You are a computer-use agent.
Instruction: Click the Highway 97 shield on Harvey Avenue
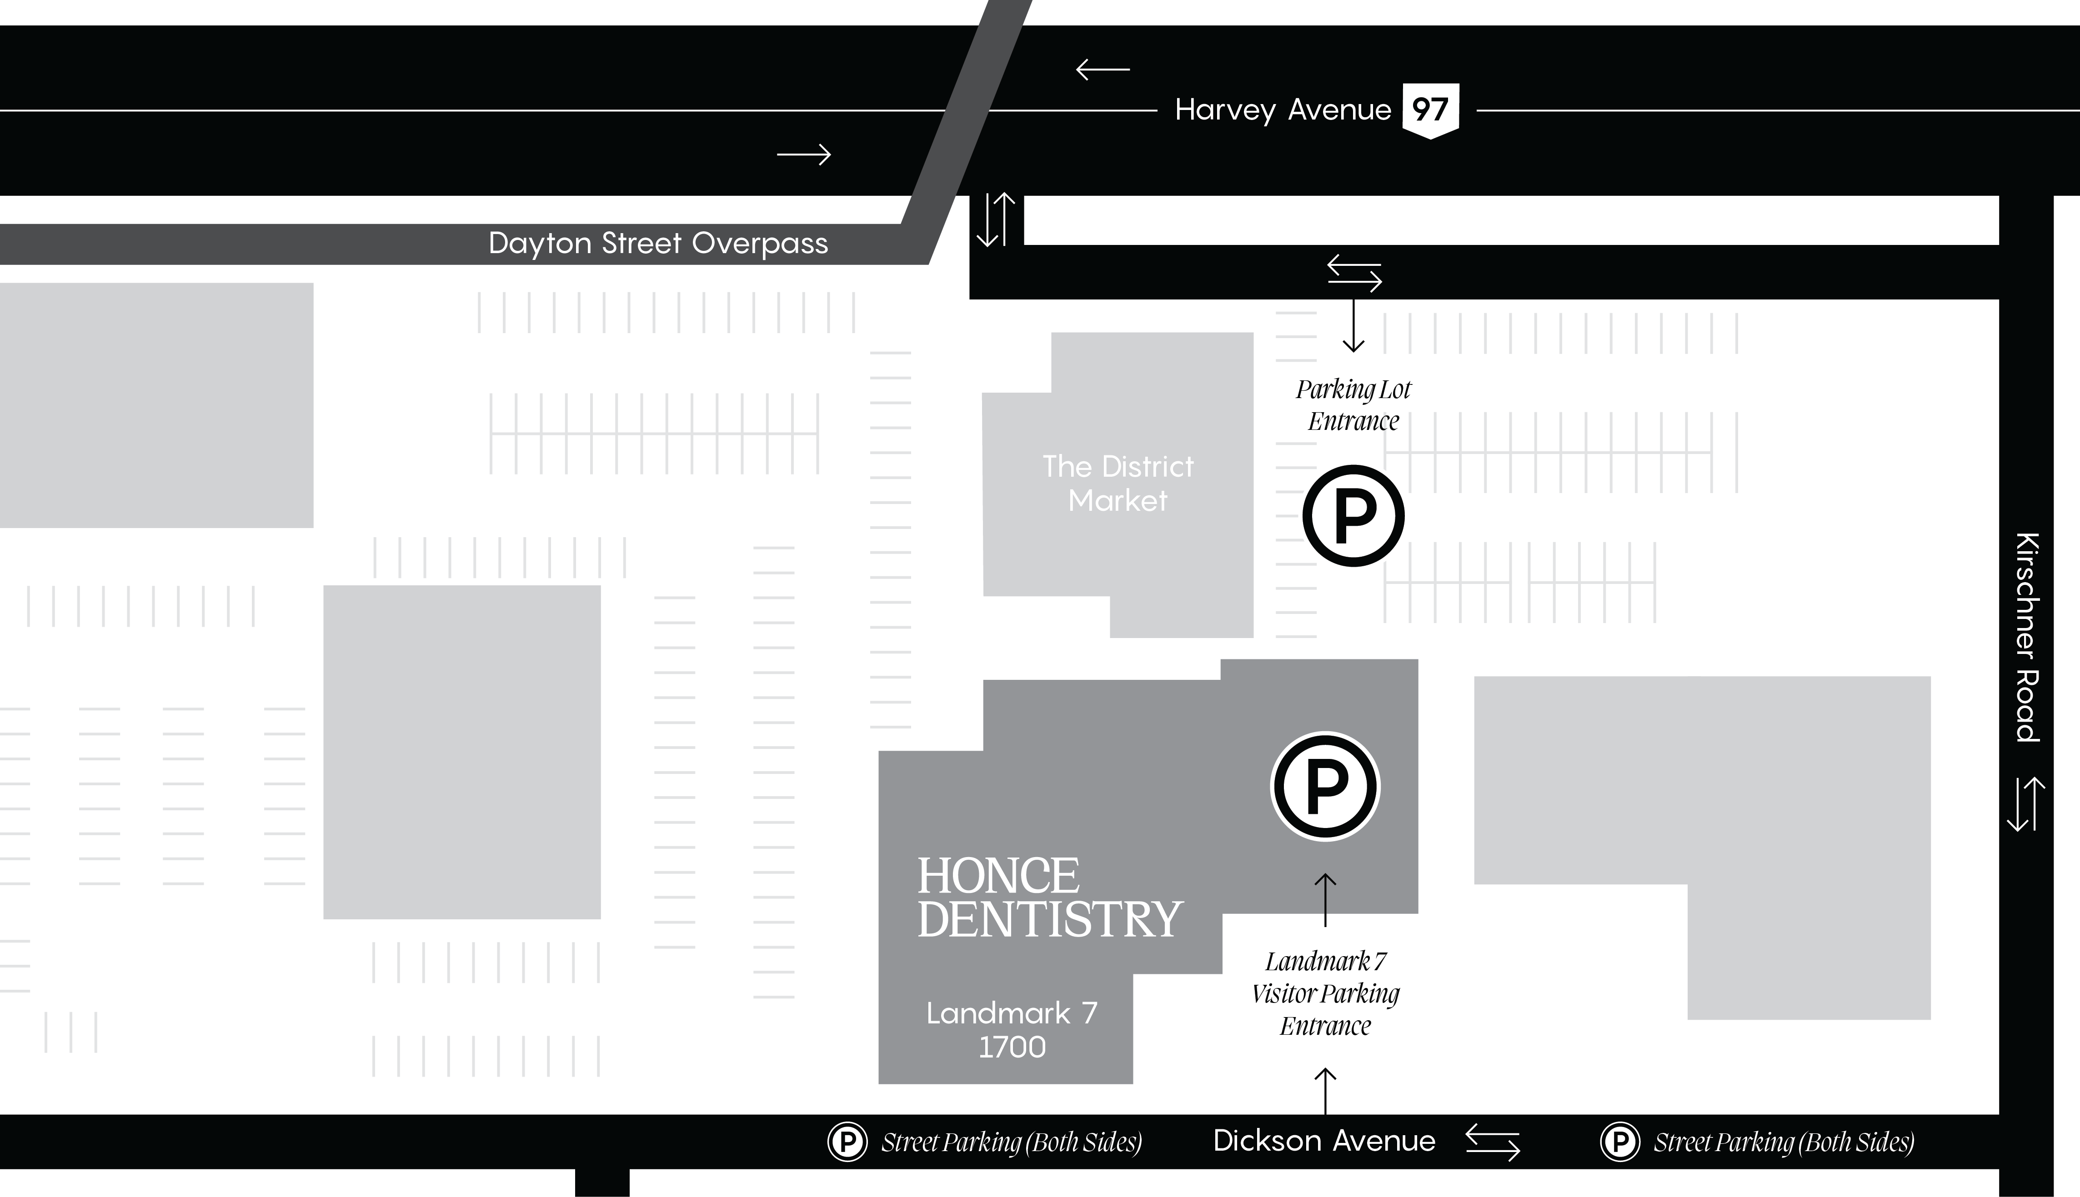point(1430,110)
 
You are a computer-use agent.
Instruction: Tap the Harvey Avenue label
point(1283,110)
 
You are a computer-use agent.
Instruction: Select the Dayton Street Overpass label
point(658,243)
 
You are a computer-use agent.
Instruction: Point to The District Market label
point(1118,484)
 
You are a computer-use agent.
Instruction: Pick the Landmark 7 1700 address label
point(1012,1030)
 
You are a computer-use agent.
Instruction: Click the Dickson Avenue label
point(1324,1141)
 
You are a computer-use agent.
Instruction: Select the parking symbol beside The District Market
point(1353,515)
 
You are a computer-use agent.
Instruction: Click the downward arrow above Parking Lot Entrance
point(1353,325)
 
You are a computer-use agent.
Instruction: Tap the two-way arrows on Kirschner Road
point(2026,804)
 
